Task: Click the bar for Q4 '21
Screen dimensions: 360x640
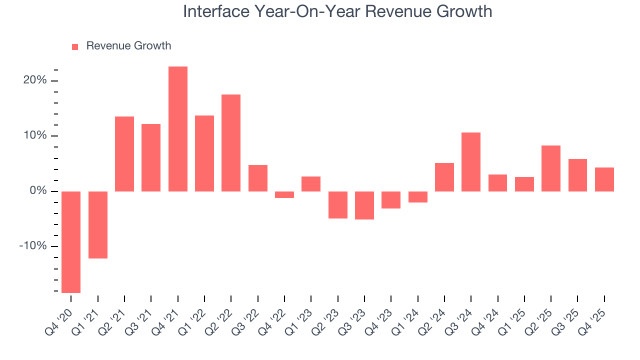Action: pyautogui.click(x=177, y=129)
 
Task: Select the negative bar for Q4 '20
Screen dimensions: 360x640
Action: pyautogui.click(x=71, y=242)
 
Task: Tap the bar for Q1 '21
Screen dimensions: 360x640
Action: pyautogui.click(x=98, y=225)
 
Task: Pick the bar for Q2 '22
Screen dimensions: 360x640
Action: pyautogui.click(x=231, y=143)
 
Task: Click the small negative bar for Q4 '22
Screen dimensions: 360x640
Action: pyautogui.click(x=284, y=194)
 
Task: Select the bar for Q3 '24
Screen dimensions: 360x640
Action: pyautogui.click(x=471, y=162)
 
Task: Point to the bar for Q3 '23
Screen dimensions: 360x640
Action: pyautogui.click(x=364, y=205)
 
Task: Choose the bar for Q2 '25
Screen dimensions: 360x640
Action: pyautogui.click(x=551, y=168)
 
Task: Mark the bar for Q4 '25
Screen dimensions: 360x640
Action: pyautogui.click(x=604, y=179)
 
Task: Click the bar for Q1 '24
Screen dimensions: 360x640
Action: pyautogui.click(x=417, y=197)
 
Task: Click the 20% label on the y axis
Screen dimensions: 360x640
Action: pyautogui.click(x=35, y=80)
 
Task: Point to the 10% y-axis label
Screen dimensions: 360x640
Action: pyautogui.click(x=35, y=136)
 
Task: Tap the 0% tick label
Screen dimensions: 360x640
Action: pyautogui.click(x=38, y=191)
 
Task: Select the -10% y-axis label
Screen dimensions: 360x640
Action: pyautogui.click(x=33, y=246)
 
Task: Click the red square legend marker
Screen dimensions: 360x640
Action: pyautogui.click(x=75, y=47)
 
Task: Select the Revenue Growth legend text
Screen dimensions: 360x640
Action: pyautogui.click(x=128, y=46)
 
